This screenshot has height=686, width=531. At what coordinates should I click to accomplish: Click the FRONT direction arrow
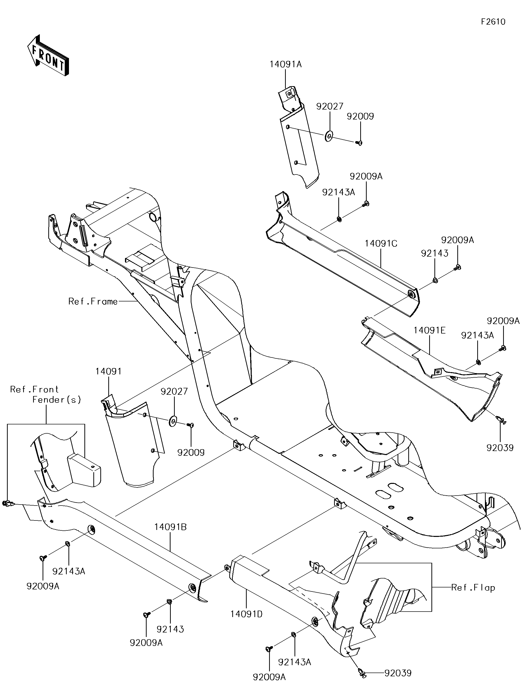point(48,55)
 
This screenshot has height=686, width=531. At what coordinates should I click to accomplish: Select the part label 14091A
point(285,64)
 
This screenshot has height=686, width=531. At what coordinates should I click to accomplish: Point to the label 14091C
point(381,243)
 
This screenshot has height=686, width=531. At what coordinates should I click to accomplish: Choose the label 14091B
point(171,527)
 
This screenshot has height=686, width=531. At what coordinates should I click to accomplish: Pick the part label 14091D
point(247,614)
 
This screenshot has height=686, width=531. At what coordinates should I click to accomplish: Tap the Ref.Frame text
point(93,301)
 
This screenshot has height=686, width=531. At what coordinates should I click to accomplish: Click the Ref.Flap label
point(473,587)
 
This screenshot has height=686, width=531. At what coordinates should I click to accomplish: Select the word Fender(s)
point(57,400)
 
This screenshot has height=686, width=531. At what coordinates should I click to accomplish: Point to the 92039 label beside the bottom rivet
point(398,673)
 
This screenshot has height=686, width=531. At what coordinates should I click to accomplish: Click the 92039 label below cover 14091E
point(500,448)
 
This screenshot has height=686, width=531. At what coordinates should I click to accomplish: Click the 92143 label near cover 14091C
point(435,253)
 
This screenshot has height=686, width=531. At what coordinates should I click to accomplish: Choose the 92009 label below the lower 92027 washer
point(191,453)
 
